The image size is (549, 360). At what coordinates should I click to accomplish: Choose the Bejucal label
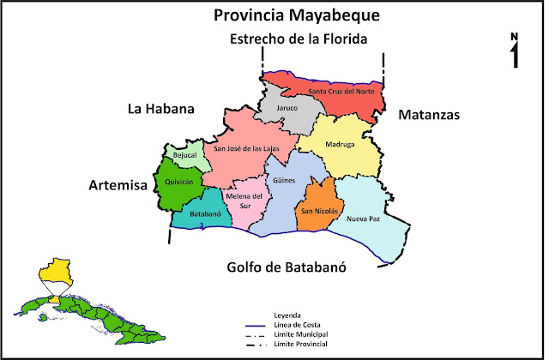[185, 156]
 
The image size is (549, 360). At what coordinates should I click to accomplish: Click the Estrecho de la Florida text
[297, 39]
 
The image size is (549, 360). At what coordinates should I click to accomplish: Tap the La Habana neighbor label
[161, 109]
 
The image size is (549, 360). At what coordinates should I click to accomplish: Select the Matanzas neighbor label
[429, 114]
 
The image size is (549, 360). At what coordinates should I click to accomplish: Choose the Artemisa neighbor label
[118, 184]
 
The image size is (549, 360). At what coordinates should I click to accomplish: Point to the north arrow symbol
[514, 51]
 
